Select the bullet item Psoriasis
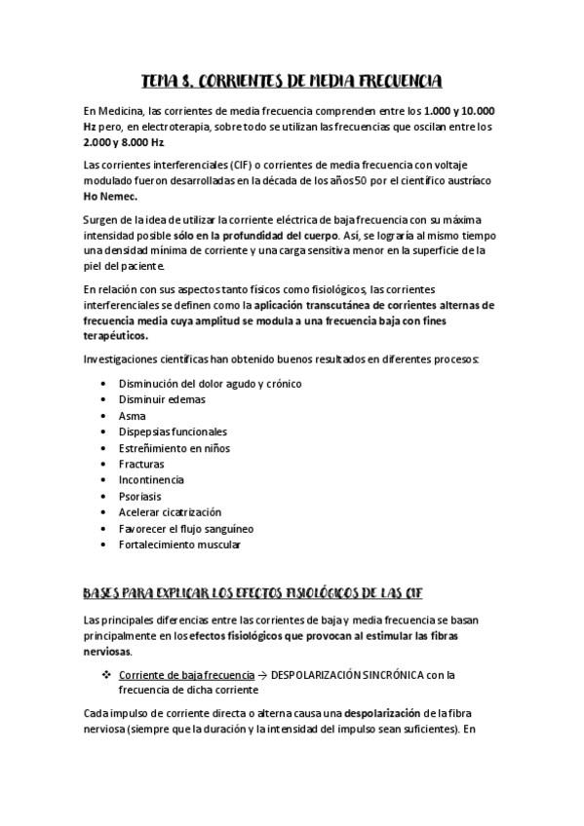(141, 496)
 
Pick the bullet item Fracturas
(140, 464)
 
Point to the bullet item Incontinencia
(150, 479)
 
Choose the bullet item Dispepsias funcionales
(172, 431)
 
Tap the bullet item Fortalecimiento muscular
(178, 544)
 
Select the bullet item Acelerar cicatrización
(170, 512)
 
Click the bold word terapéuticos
(116, 335)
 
